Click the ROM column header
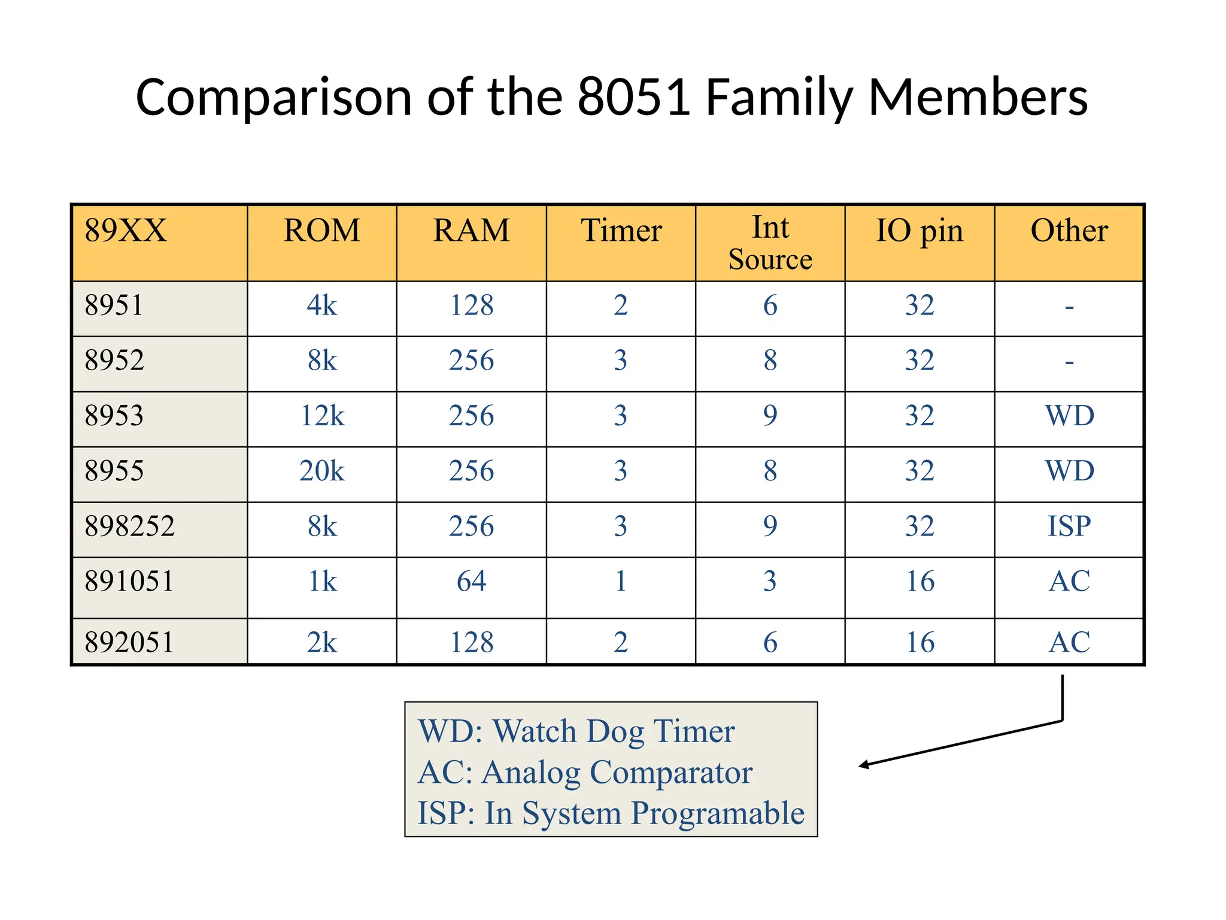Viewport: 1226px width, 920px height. (x=322, y=231)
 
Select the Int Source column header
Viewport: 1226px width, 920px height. (x=770, y=243)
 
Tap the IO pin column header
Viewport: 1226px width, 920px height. (x=919, y=231)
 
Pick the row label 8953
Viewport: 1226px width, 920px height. (x=114, y=416)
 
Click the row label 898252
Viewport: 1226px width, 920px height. (x=129, y=526)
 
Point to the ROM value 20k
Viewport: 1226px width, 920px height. (x=322, y=471)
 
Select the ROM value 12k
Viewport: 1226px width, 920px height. (x=322, y=416)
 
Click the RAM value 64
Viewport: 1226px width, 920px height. (x=471, y=581)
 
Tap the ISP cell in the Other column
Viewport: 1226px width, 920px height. (x=1069, y=526)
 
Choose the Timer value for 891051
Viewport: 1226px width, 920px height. (x=621, y=581)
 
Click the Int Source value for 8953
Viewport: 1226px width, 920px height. (x=770, y=416)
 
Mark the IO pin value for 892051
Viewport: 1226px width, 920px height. (x=919, y=642)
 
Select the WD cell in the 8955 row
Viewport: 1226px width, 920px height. (x=1069, y=471)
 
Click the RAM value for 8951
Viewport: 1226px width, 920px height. (x=471, y=305)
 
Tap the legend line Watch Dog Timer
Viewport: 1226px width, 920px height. (x=576, y=731)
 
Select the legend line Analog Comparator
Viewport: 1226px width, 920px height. (x=585, y=772)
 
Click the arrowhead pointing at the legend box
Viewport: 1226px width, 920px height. (x=864, y=765)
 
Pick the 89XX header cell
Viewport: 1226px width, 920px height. (x=126, y=231)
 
